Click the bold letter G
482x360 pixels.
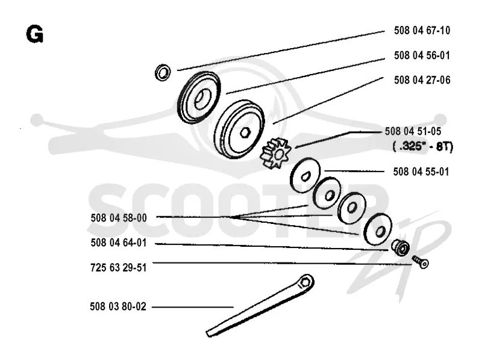tap(35, 34)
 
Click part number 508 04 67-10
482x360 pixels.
tap(422, 31)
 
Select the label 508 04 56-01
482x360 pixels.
tap(422, 55)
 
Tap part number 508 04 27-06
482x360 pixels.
tap(422, 80)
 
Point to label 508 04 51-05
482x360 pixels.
tap(413, 131)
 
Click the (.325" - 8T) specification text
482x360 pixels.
tap(423, 146)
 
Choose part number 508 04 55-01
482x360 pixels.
tap(421, 172)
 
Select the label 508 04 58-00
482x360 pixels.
tap(119, 218)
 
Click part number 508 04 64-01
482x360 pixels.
tap(119, 243)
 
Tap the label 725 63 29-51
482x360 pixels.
tap(119, 267)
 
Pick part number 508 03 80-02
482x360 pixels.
tap(118, 306)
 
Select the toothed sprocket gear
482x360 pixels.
tap(275, 154)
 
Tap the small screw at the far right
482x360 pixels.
tap(420, 261)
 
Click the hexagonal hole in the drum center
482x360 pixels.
tap(245, 132)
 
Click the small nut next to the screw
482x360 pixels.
tap(401, 247)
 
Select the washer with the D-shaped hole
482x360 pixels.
tap(305, 175)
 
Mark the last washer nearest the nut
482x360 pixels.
tap(378, 230)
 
